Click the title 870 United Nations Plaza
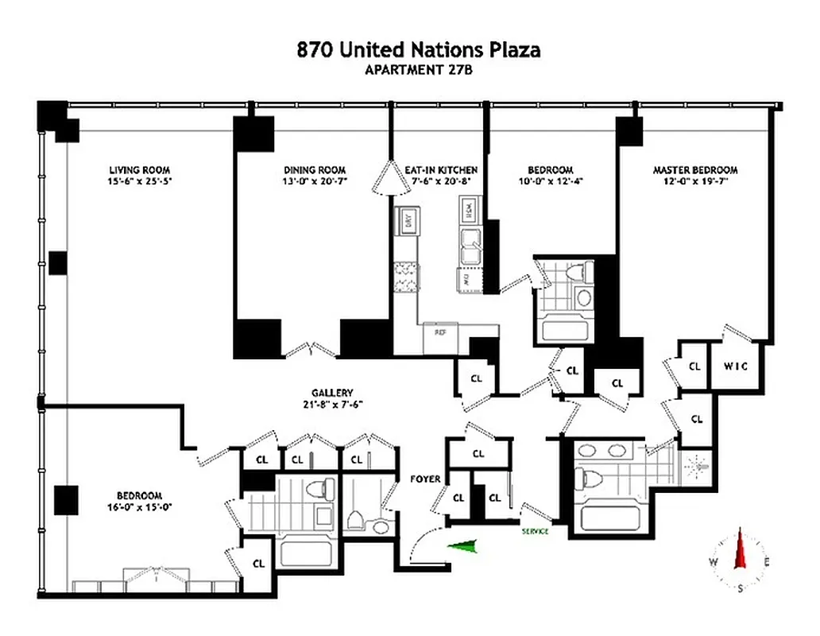click(419, 49)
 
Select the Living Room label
click(139, 169)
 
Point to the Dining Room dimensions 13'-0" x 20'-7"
click(315, 181)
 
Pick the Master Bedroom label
click(694, 169)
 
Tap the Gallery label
click(332, 393)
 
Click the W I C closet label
click(737, 366)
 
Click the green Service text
click(535, 531)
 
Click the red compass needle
click(741, 549)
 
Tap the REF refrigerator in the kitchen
click(439, 332)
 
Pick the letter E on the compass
click(767, 562)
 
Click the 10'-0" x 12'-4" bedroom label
click(551, 181)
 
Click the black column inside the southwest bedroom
click(65, 500)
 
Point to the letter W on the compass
click(714, 562)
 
